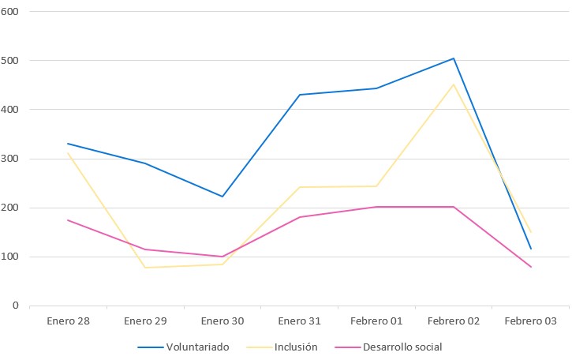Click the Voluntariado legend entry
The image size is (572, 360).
[x=183, y=347]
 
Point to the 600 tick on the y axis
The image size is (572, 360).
[x=10, y=11]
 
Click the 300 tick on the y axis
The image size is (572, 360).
[x=10, y=159]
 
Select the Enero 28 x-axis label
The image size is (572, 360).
[x=68, y=321]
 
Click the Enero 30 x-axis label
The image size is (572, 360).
[x=222, y=321]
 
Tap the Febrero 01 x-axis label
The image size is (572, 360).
[x=376, y=321]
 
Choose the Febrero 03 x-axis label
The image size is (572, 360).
[x=530, y=321]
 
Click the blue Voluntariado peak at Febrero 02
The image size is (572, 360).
[x=454, y=58]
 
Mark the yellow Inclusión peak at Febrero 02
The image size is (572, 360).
[x=454, y=84]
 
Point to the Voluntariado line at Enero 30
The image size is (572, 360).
[x=222, y=196]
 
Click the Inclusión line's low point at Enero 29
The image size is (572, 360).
[x=145, y=268]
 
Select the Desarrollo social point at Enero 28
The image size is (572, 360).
[x=68, y=220]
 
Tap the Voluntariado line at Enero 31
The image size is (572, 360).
[x=300, y=95]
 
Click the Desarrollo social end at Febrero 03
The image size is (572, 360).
[x=530, y=267]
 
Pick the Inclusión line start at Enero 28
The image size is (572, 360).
[x=68, y=153]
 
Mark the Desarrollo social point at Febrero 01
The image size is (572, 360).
[x=376, y=207]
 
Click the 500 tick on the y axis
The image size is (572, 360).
[x=10, y=60]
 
